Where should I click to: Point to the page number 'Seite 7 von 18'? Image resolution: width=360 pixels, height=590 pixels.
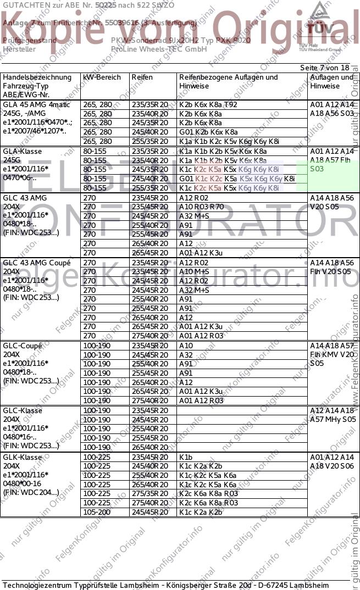click(324, 67)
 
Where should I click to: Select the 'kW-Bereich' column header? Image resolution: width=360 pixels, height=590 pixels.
click(102, 77)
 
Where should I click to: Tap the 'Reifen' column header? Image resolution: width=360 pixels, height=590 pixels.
click(142, 77)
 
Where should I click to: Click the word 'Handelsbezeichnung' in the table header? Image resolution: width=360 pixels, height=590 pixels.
click(37, 77)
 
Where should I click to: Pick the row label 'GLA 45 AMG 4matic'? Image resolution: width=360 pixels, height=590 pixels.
click(36, 104)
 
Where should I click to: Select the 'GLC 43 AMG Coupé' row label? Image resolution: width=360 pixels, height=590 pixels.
click(37, 263)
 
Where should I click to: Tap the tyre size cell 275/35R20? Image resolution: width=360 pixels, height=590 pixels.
click(149, 494)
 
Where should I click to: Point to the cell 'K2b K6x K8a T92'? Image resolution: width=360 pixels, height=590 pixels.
click(208, 104)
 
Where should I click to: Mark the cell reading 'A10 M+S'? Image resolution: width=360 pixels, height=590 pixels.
click(195, 271)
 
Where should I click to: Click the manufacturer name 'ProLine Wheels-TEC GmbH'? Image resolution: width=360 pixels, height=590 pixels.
click(159, 49)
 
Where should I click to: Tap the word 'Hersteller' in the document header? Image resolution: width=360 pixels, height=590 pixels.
click(19, 49)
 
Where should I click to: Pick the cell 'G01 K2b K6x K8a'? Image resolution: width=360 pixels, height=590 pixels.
click(208, 132)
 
